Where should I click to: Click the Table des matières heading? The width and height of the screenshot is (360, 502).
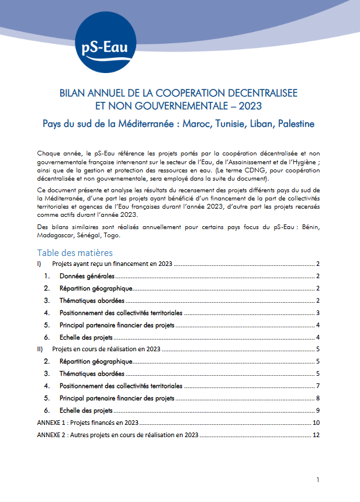pyautogui.click(x=75, y=252)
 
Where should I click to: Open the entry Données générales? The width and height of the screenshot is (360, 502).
pyautogui.click(x=87, y=276)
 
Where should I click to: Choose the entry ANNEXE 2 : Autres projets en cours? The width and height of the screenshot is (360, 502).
pyautogui.click(x=117, y=435)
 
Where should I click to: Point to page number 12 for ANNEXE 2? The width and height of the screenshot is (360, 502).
pyautogui.click(x=316, y=435)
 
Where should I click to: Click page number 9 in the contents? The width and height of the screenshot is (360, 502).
pyautogui.click(x=317, y=410)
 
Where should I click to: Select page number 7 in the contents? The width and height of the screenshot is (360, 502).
pyautogui.click(x=317, y=386)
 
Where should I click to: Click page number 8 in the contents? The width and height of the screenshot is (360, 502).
pyautogui.click(x=317, y=398)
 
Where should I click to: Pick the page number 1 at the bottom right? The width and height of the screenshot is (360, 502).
pyautogui.click(x=317, y=480)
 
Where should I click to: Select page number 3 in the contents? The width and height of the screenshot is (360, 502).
pyautogui.click(x=317, y=313)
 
